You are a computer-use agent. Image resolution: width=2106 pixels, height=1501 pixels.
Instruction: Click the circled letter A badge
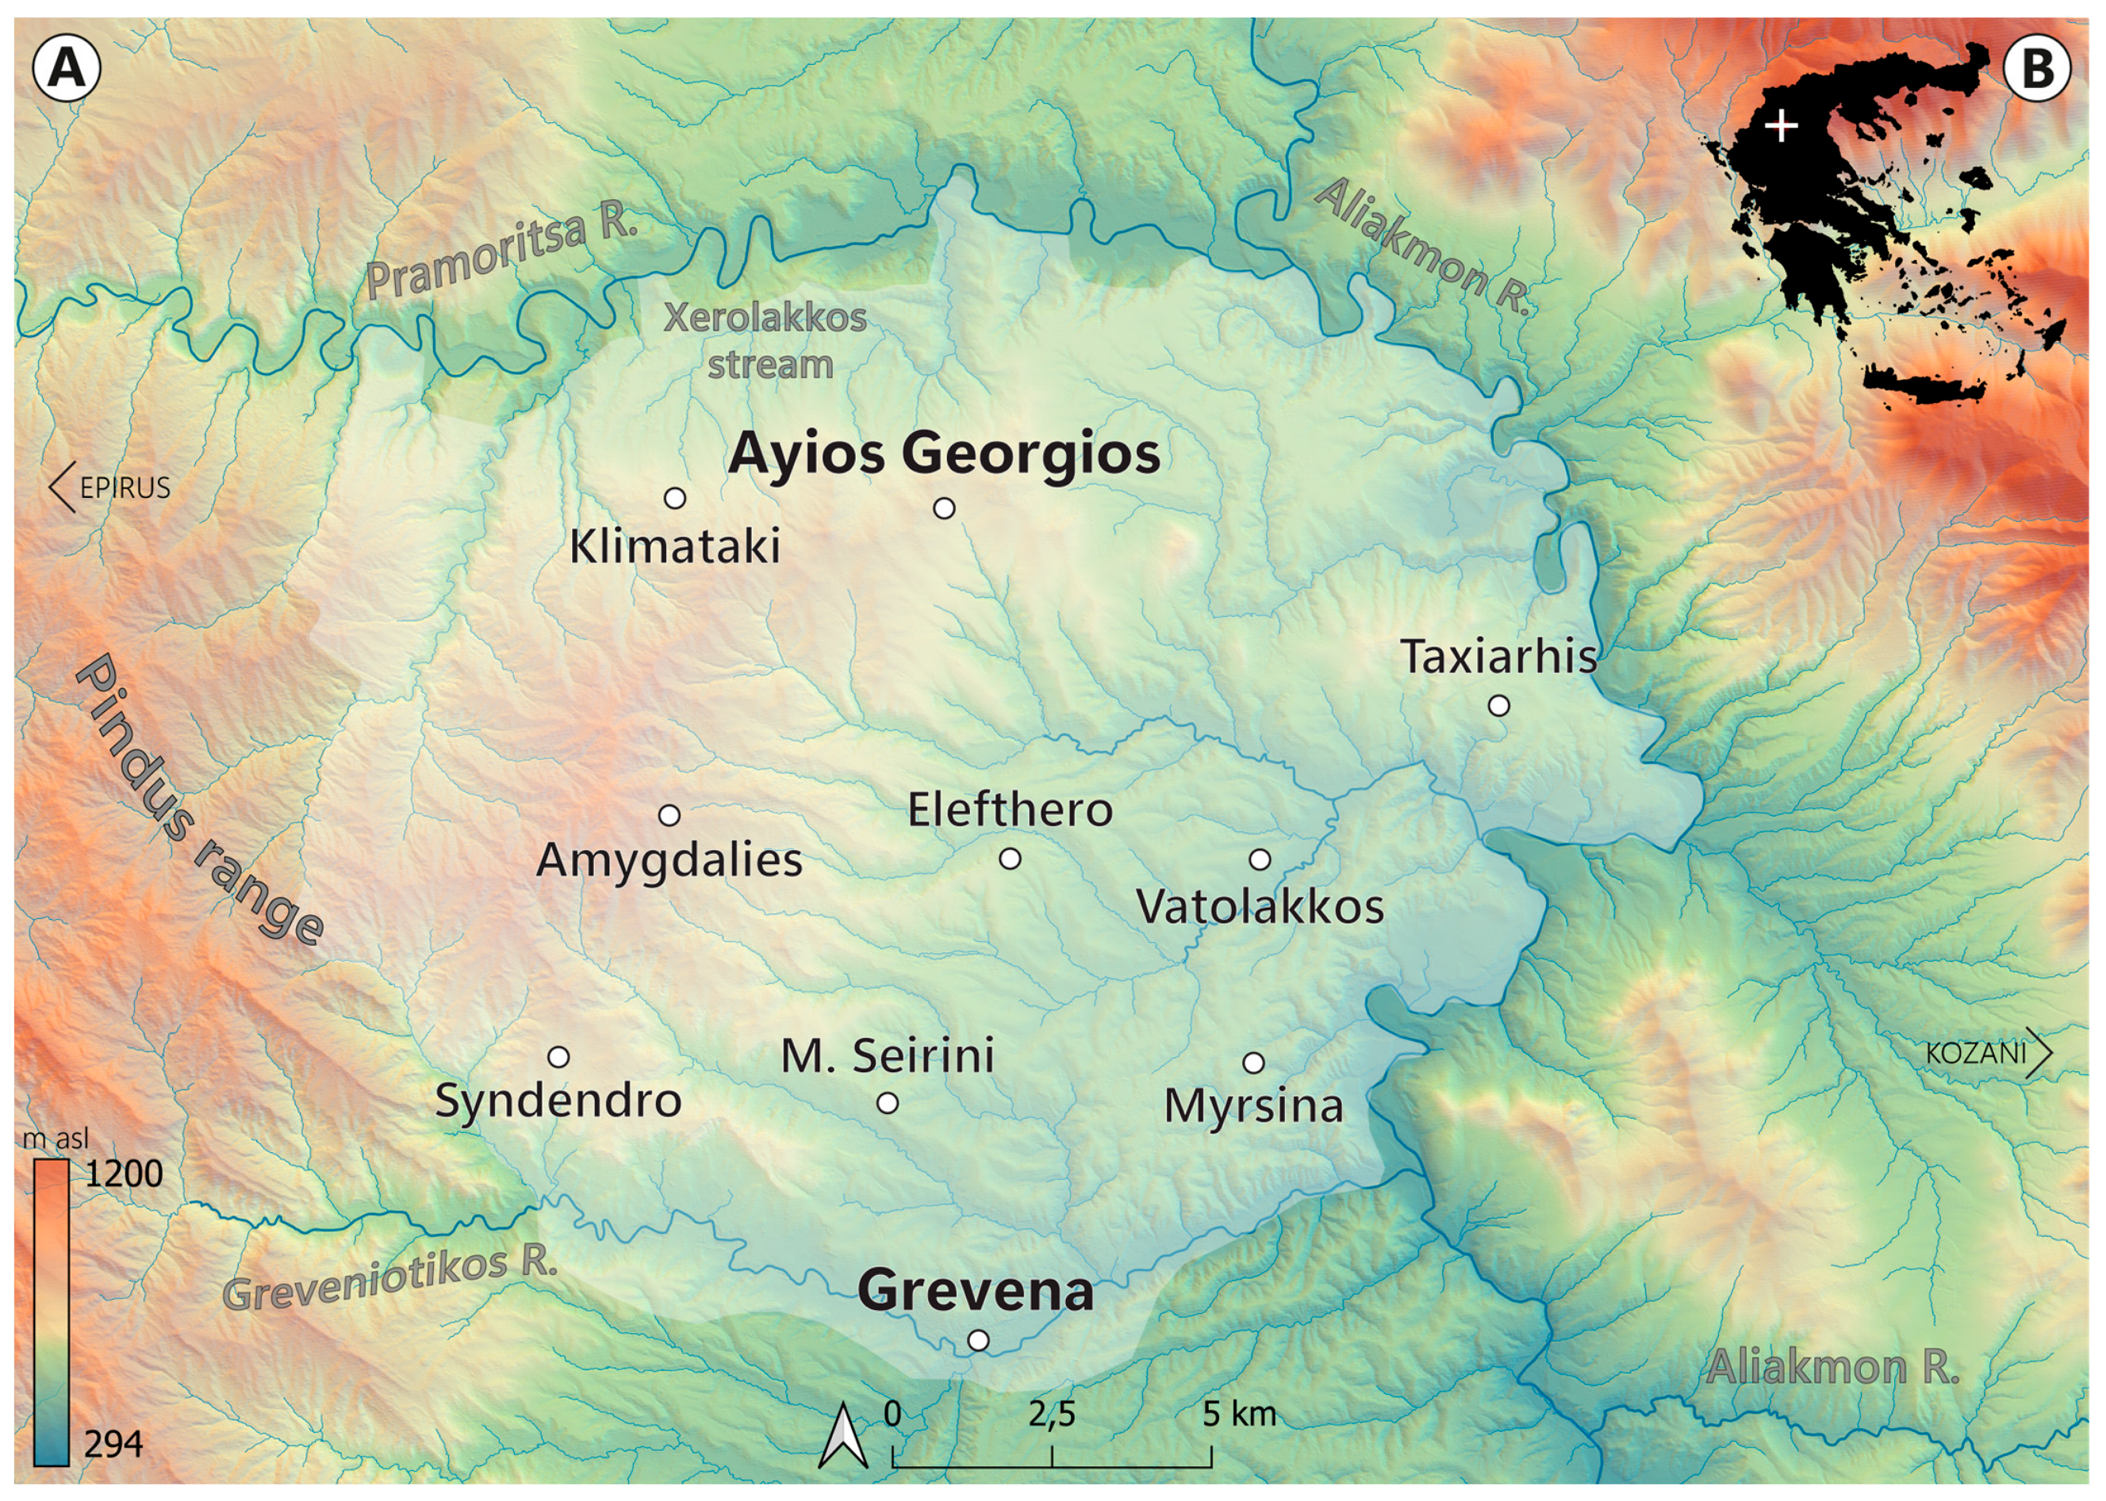coord(66,68)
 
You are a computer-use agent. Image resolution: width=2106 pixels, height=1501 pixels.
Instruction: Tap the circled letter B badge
coord(2037,68)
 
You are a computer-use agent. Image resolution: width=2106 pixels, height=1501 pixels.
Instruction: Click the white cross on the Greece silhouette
coord(1782,126)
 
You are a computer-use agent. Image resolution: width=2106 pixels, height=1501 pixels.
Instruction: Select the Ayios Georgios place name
coord(943,454)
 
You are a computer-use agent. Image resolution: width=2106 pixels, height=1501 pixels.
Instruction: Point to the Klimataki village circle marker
coord(675,498)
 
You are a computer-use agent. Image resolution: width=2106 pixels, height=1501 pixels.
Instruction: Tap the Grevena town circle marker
coord(977,1340)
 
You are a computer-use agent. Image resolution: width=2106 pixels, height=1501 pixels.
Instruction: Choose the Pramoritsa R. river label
coord(501,252)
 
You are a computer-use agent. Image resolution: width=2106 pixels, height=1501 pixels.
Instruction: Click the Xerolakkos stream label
coord(766,341)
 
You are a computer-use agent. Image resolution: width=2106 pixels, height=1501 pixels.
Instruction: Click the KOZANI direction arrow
coord(2038,1053)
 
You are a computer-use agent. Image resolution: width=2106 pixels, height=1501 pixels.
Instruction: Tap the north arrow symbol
coord(842,1435)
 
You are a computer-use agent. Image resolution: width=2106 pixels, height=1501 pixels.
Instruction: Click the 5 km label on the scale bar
coord(1238,1414)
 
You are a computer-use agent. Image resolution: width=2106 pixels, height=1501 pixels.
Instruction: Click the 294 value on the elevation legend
coord(113,1444)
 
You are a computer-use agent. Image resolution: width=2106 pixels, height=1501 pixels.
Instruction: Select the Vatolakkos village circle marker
coord(1259,860)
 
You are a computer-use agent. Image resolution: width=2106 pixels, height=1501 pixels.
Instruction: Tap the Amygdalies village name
coord(669,860)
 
